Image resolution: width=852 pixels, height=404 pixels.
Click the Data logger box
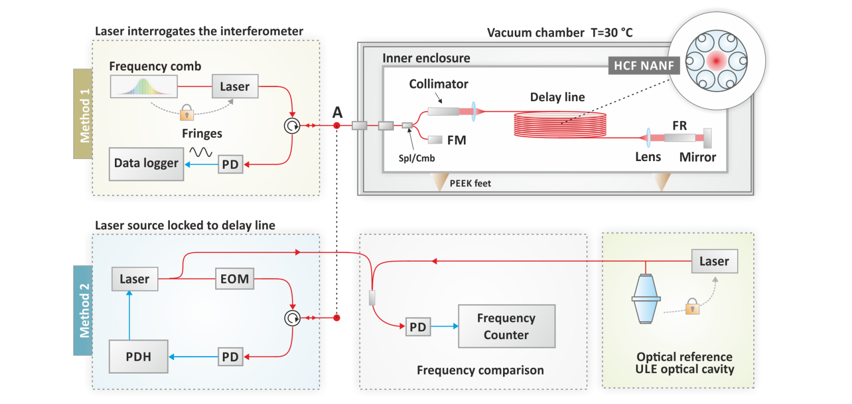[x=146, y=164]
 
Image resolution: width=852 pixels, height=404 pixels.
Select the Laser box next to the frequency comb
[x=234, y=86]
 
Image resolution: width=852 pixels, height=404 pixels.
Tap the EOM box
[x=234, y=279]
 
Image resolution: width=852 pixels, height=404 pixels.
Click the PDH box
[x=138, y=357]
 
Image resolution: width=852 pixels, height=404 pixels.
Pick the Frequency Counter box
[x=506, y=326]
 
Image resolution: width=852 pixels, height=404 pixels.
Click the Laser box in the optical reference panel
[x=714, y=261]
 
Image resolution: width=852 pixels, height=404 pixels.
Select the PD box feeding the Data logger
[x=230, y=164]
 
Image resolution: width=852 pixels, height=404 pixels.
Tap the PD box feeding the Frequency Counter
[x=418, y=327]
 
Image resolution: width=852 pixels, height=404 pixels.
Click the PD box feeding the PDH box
[x=230, y=357]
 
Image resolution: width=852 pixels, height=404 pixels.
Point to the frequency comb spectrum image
[x=144, y=86]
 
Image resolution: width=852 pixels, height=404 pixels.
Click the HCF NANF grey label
[x=643, y=66]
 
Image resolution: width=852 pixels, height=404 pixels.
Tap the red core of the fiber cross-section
[x=716, y=61]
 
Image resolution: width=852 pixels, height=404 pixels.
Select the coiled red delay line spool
[x=560, y=125]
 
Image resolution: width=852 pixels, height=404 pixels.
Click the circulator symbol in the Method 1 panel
[x=292, y=126]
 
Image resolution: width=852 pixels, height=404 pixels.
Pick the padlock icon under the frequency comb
[x=187, y=112]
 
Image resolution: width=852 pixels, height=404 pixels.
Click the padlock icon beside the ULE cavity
[x=692, y=306]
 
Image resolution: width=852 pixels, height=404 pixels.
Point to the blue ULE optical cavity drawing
[x=646, y=299]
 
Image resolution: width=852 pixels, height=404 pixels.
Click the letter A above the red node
[x=337, y=112]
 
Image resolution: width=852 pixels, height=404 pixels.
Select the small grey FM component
[x=435, y=140]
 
